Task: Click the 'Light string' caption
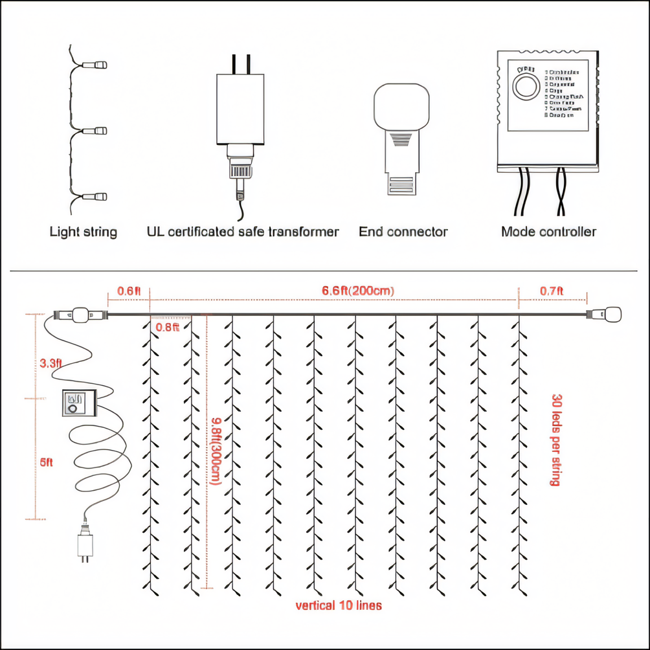point(84,232)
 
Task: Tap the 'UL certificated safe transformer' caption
point(243,232)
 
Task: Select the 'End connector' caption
point(403,232)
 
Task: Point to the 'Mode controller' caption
point(548,232)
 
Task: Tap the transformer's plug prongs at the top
point(241,63)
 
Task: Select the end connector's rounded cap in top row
point(402,107)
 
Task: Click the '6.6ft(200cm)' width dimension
point(358,291)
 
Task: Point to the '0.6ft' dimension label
point(129,291)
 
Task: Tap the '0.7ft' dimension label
point(552,291)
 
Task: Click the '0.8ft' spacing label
point(168,328)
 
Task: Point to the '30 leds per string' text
point(555,440)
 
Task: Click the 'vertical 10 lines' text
point(339,606)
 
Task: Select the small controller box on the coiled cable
point(78,404)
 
